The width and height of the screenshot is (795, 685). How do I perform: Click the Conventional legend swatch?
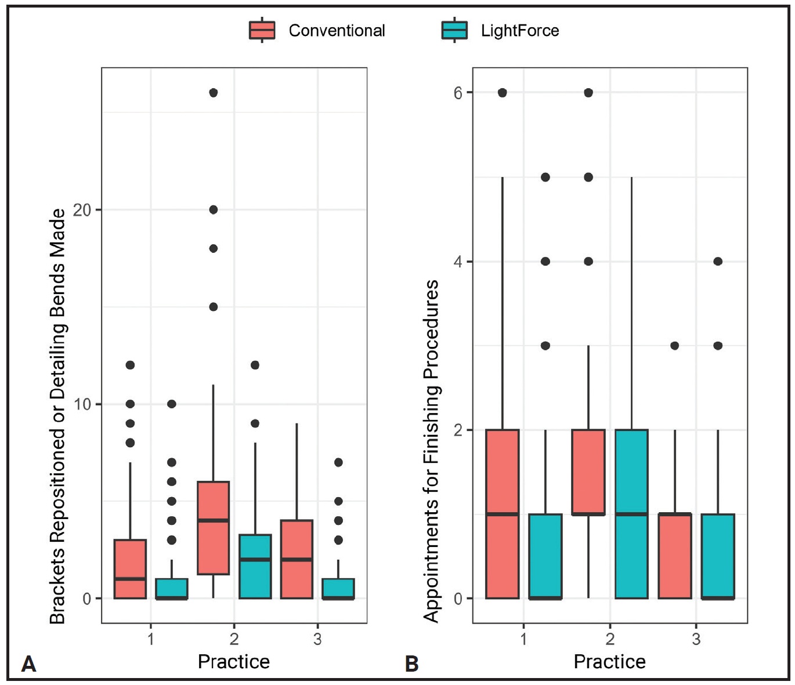[x=262, y=30]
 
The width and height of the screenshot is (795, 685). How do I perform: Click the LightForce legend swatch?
[x=454, y=30]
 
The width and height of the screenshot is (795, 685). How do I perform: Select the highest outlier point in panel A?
[x=214, y=93]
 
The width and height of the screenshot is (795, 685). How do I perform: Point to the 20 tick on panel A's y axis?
[x=82, y=210]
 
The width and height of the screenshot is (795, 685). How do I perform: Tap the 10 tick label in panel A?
[x=82, y=404]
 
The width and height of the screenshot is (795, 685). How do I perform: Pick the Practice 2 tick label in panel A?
[x=234, y=639]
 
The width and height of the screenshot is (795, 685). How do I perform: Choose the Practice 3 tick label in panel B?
[x=696, y=639]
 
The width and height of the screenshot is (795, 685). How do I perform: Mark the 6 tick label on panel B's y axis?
[x=458, y=93]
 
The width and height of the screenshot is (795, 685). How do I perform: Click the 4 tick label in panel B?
[x=458, y=262]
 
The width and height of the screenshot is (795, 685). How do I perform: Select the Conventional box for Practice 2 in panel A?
[x=214, y=528]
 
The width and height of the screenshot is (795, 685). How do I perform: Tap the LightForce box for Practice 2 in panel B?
[x=631, y=514]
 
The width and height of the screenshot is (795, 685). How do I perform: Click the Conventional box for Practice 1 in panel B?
[x=503, y=514]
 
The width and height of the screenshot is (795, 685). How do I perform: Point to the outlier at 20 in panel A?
[x=214, y=210]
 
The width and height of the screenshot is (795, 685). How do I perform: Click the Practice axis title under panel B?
[x=609, y=662]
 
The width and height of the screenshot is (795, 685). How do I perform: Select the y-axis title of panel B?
[x=431, y=451]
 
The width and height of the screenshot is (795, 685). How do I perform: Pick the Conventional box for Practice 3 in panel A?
[x=297, y=559]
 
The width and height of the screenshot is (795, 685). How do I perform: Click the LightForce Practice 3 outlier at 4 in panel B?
[x=718, y=262]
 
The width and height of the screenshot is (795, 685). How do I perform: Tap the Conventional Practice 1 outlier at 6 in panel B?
[x=503, y=93]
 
